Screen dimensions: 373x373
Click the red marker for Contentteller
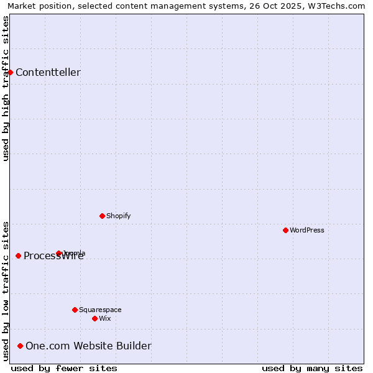click(10, 72)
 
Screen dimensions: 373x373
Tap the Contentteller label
click(48, 73)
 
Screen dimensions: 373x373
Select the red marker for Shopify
click(102, 216)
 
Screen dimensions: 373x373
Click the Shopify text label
click(118, 216)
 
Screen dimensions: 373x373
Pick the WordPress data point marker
click(285, 230)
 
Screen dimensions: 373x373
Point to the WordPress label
click(306, 231)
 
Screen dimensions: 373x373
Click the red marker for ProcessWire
click(18, 256)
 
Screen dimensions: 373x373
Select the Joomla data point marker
click(58, 253)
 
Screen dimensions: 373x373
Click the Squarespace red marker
click(75, 310)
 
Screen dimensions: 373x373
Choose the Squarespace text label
click(100, 310)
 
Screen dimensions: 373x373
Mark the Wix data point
click(94, 318)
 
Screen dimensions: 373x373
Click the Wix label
click(104, 319)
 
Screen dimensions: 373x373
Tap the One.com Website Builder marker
click(20, 346)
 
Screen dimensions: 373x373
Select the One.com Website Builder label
click(88, 346)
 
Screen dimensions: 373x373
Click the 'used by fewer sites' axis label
click(64, 368)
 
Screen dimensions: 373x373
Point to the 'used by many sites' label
click(312, 368)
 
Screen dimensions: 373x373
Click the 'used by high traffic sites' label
click(6, 88)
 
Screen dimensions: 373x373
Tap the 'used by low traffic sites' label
click(6, 291)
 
